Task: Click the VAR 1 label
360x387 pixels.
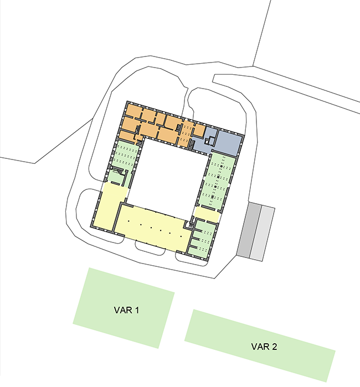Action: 126,310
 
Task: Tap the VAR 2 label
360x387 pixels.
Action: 264,347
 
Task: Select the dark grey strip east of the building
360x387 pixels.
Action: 249,230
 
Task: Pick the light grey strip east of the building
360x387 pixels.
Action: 263,233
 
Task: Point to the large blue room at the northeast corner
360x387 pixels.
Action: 229,143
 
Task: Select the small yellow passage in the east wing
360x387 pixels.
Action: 207,214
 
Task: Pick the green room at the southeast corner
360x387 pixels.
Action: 202,239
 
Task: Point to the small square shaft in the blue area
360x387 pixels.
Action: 211,141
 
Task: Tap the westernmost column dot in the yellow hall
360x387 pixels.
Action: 128,221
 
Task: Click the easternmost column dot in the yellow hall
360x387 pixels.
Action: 181,236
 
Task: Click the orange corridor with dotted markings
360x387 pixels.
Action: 187,133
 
